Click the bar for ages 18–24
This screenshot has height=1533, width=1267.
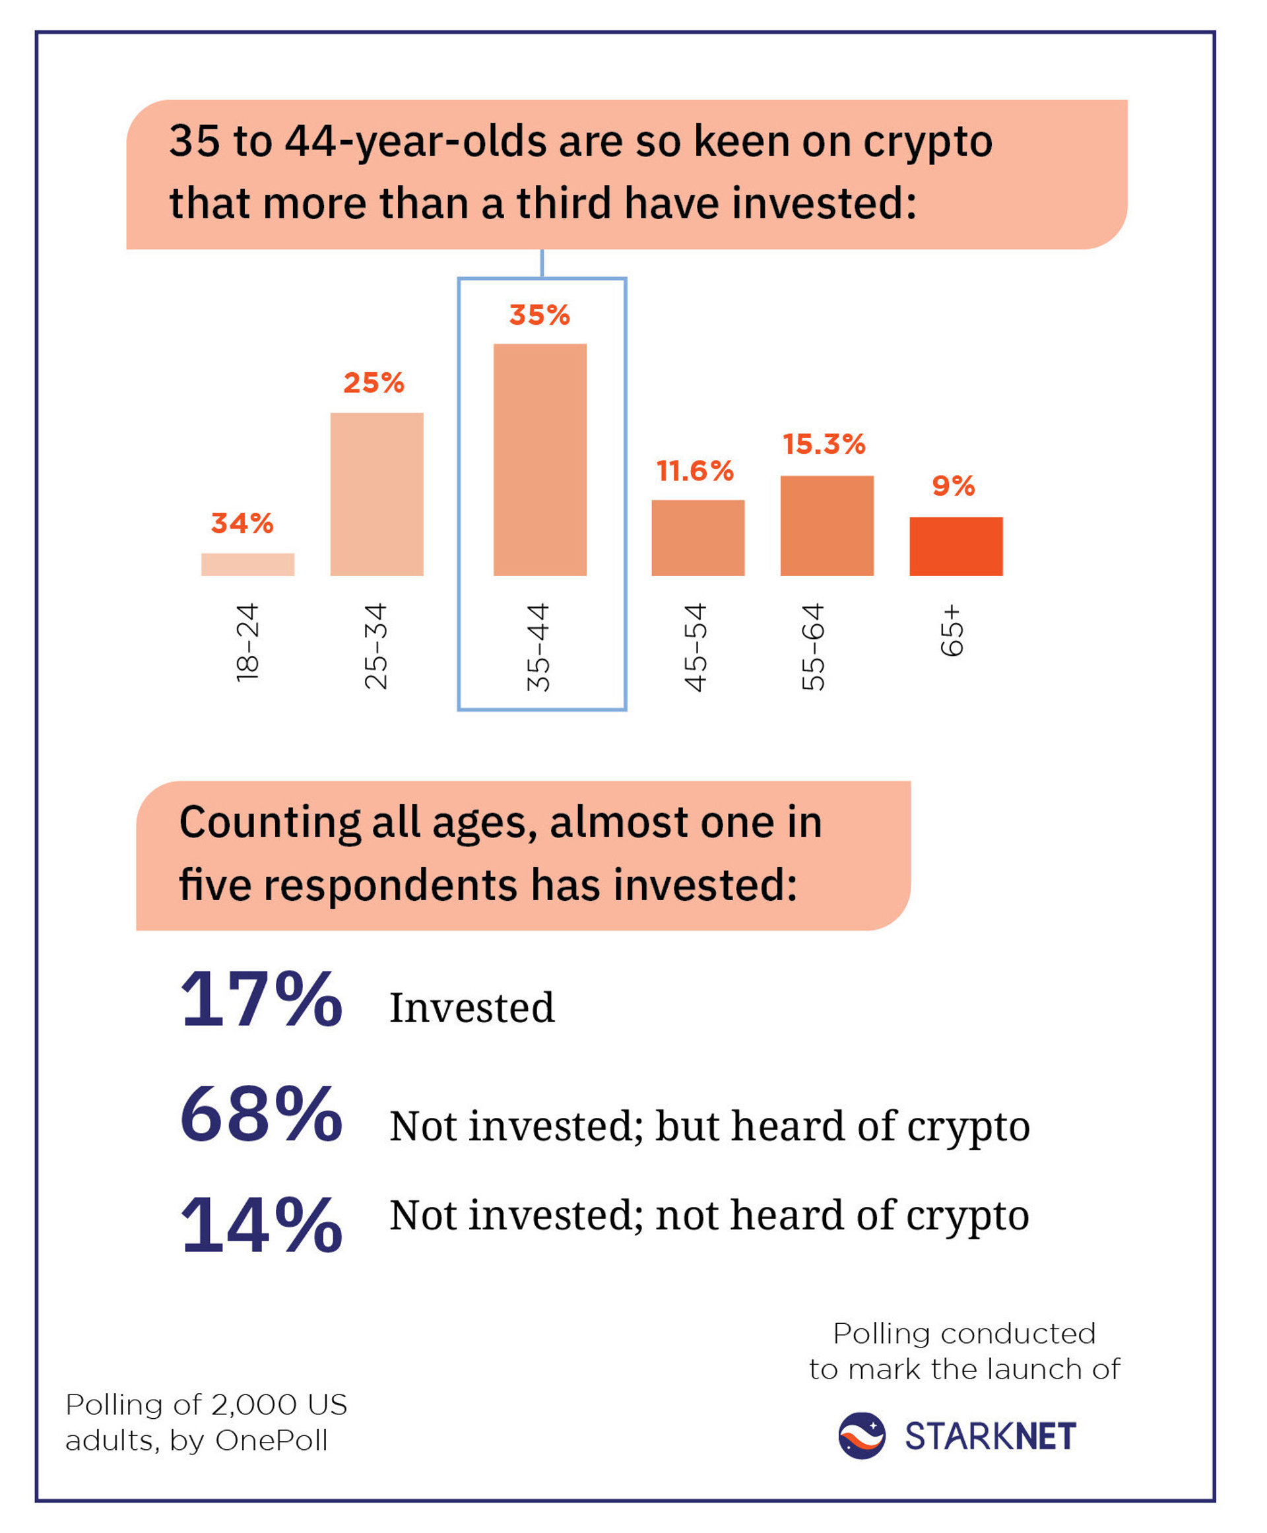pos(247,564)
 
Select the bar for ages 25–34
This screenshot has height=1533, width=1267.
pos(377,494)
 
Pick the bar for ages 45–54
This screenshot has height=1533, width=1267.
pos(698,538)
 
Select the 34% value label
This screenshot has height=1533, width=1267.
pos(242,523)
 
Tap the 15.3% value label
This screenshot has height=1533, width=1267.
pos(824,444)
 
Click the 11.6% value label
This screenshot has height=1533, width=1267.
pos(695,471)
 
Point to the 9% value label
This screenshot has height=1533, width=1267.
pos(953,486)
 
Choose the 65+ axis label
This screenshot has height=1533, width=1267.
pos(952,630)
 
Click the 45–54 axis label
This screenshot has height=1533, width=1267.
pos(696,647)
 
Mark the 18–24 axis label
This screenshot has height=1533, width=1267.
pos(247,642)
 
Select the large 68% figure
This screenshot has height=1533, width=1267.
pos(261,1114)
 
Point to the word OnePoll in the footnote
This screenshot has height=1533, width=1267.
pos(271,1441)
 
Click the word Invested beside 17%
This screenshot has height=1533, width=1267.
pos(472,1008)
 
